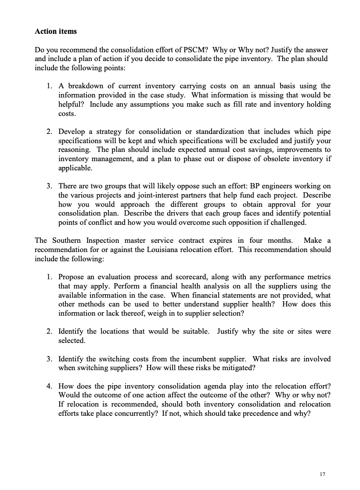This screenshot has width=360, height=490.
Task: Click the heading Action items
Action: click(56, 32)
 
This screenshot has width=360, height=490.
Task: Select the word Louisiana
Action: click(187, 249)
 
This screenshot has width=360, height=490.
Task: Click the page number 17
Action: click(323, 474)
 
